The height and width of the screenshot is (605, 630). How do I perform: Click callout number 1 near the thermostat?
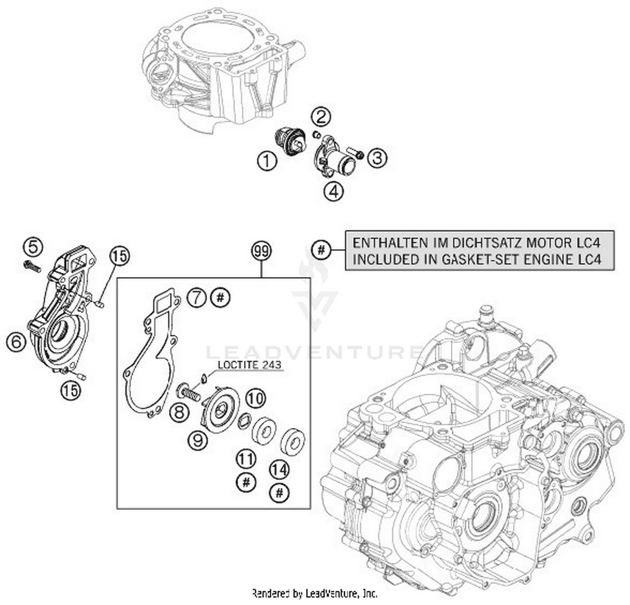(267, 162)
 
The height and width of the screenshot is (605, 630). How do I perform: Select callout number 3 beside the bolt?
(377, 158)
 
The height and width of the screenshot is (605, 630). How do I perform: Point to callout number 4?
(333, 191)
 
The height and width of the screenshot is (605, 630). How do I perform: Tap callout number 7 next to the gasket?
(197, 298)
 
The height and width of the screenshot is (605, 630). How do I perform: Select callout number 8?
(179, 412)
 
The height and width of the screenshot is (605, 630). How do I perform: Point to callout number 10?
(255, 398)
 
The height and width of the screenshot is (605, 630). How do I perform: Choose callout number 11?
(246, 459)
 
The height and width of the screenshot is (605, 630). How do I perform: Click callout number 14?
(279, 469)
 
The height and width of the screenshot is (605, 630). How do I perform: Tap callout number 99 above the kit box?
(261, 251)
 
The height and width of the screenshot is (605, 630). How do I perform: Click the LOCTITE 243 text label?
(249, 365)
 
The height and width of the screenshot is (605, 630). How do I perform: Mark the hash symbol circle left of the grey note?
(321, 250)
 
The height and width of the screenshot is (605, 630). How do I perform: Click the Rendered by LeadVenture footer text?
(315, 593)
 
